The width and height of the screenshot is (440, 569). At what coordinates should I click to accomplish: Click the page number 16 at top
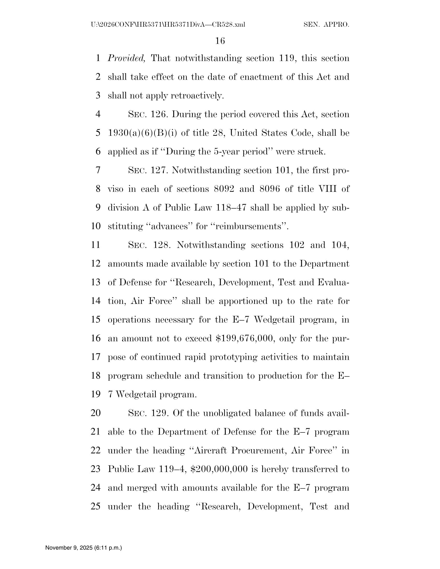pos(220,41)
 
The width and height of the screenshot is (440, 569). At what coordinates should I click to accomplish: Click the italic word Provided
pos(126,58)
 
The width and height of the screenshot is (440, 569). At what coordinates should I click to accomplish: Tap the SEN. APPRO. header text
pos(326,25)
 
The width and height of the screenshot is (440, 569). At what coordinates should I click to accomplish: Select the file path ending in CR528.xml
pos(168,25)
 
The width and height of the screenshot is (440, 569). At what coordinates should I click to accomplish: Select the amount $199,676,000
pos(245,338)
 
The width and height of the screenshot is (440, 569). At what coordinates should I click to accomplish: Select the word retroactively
pos(197,96)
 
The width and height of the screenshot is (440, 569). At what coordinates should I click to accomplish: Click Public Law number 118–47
pos(231,208)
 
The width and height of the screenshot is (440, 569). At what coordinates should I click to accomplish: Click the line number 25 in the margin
pos(96,506)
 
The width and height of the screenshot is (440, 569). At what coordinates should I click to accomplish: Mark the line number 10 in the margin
pos(96,226)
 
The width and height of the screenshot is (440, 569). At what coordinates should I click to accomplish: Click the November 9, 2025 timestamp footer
pos(83,548)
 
